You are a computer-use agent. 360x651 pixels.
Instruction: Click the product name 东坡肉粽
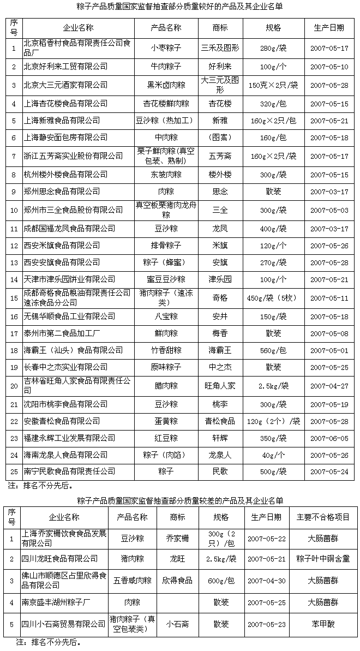tap(166, 175)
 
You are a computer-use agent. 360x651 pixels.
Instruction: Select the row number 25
tap(14, 471)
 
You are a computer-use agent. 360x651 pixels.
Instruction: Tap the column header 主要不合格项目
tap(323, 517)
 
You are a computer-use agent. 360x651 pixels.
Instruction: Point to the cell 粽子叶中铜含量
tap(323, 558)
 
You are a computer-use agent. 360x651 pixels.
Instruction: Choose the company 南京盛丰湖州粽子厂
tap(61, 602)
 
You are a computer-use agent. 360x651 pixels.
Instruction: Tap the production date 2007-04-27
tap(328, 386)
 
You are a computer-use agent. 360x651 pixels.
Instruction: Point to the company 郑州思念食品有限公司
tap(62, 191)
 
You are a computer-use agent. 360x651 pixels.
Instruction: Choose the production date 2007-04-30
tap(266, 581)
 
